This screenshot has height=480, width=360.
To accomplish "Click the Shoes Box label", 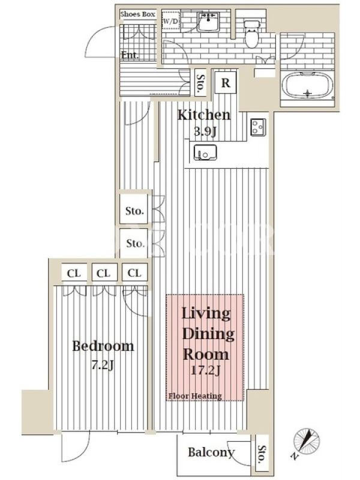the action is click(137, 14).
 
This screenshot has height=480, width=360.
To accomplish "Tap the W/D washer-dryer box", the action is click(171, 21).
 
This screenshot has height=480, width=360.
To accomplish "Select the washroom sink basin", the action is click(208, 22).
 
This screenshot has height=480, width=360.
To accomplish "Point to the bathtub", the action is click(308, 85).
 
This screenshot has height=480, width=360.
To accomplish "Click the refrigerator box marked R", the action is click(226, 82).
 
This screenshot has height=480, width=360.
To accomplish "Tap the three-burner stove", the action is click(258, 127).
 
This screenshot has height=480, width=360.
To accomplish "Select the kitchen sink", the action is click(205, 152).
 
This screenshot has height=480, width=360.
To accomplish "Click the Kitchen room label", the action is click(204, 115).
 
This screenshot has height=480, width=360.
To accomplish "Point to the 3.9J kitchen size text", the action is click(205, 132).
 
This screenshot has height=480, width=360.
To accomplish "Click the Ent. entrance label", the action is click(130, 55).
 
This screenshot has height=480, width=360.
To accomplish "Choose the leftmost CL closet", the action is click(74, 273).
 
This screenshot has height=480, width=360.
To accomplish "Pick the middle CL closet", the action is click(103, 273).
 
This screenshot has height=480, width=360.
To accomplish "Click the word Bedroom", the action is click(103, 346).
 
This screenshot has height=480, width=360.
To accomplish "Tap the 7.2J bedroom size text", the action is click(103, 365).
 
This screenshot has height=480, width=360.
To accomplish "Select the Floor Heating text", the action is click(195, 396).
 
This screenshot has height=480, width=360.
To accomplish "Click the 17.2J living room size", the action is click(205, 370).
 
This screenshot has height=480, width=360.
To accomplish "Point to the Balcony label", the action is click(211, 452).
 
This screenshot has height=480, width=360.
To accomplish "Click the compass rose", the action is click(306, 442).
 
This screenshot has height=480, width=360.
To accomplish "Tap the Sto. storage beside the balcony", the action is click(262, 454).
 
